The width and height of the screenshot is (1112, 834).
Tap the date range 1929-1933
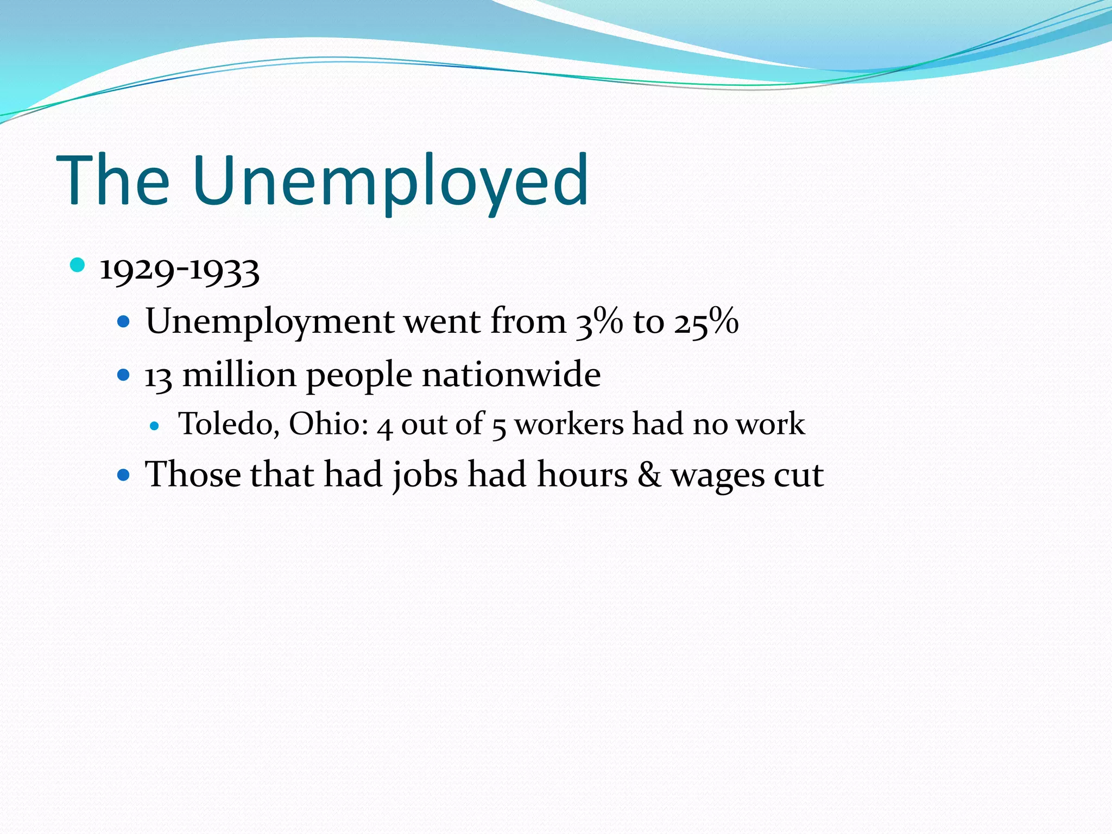pos(180,270)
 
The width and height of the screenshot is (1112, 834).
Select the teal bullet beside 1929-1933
pos(78,266)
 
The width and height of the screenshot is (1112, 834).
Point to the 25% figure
pos(706,321)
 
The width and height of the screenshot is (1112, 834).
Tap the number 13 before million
pos(158,376)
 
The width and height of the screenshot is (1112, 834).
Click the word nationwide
pos(511,375)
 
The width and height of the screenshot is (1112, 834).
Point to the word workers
pos(569,424)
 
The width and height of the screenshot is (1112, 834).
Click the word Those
pos(193,475)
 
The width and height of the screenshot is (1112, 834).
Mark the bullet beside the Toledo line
pos(155,426)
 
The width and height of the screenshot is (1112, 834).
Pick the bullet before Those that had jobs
pos(124,476)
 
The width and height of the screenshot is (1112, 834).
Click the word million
pos(239,375)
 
